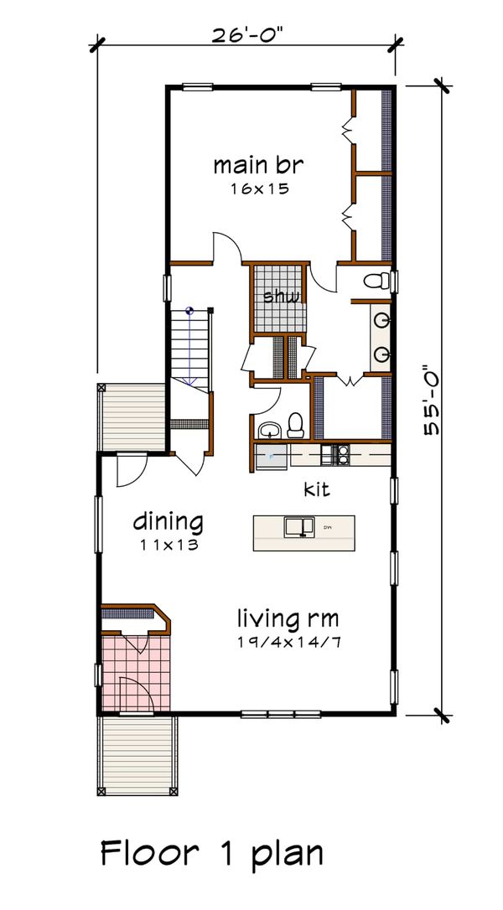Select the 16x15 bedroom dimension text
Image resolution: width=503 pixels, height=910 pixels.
coord(259,189)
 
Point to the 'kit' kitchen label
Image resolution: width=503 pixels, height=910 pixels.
coord(316,488)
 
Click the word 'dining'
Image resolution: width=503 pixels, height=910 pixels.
coord(169,522)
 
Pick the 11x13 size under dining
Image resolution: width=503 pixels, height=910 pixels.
coord(169,545)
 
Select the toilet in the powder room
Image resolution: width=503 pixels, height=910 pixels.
coord(295,426)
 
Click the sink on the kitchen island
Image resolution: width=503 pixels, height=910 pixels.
coord(297,526)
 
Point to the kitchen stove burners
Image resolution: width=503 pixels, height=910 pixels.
coord(342,455)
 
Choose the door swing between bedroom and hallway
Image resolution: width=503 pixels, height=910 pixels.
coord(227,247)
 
